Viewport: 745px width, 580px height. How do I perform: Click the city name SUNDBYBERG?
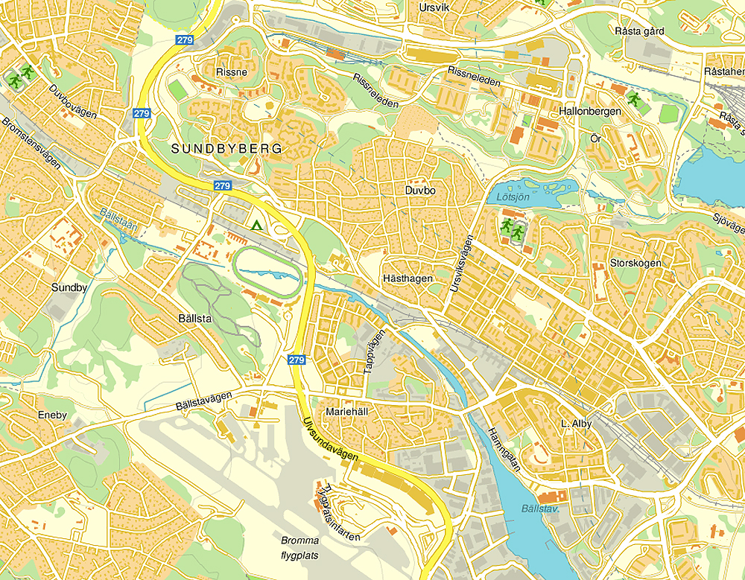227,149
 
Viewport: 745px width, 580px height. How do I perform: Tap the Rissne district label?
231,72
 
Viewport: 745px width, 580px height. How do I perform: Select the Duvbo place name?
419,191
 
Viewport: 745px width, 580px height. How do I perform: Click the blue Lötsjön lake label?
513,197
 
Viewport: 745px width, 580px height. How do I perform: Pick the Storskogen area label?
635,263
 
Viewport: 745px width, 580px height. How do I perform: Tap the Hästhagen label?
408,278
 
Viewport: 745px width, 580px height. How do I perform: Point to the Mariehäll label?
348,411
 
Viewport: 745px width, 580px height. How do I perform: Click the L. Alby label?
575,423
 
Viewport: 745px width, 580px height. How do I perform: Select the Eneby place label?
52,415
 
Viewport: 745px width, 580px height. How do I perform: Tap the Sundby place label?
69,287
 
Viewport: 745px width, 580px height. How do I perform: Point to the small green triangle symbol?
257,225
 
